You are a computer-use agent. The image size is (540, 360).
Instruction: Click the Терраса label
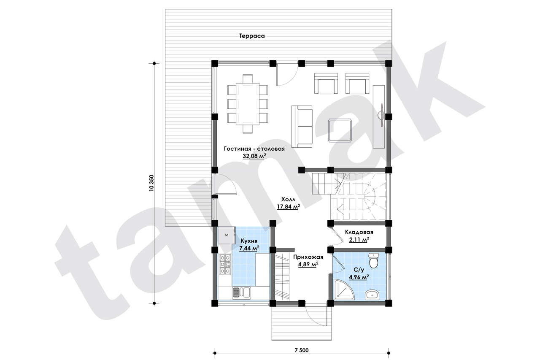[x=252, y=36]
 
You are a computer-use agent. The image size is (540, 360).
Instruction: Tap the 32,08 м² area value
[x=254, y=156]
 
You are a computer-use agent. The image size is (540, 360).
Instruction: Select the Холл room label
[x=288, y=199]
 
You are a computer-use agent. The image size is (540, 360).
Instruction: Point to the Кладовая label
[x=359, y=232]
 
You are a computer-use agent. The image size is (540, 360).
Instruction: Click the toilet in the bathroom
[x=374, y=261]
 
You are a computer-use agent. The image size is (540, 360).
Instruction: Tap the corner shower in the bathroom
[x=343, y=290]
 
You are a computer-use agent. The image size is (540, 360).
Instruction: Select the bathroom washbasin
[x=372, y=295]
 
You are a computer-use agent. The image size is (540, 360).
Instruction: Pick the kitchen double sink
[x=73, y=293]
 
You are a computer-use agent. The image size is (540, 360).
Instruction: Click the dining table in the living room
[x=248, y=104]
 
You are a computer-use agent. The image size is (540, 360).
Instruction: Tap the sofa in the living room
[x=302, y=127]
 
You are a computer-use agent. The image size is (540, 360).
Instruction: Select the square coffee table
[x=340, y=130]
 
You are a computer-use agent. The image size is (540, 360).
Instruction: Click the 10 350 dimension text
[x=151, y=183]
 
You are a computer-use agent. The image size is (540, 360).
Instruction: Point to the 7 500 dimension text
[x=302, y=350]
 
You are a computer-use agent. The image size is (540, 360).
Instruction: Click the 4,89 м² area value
[x=308, y=264]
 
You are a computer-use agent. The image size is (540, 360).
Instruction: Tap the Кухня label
[x=249, y=241]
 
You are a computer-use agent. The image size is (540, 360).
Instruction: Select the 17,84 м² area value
[x=288, y=207]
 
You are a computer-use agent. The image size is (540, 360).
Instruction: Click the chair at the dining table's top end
[x=248, y=78]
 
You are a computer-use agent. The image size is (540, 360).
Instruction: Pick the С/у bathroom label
[x=359, y=270]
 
